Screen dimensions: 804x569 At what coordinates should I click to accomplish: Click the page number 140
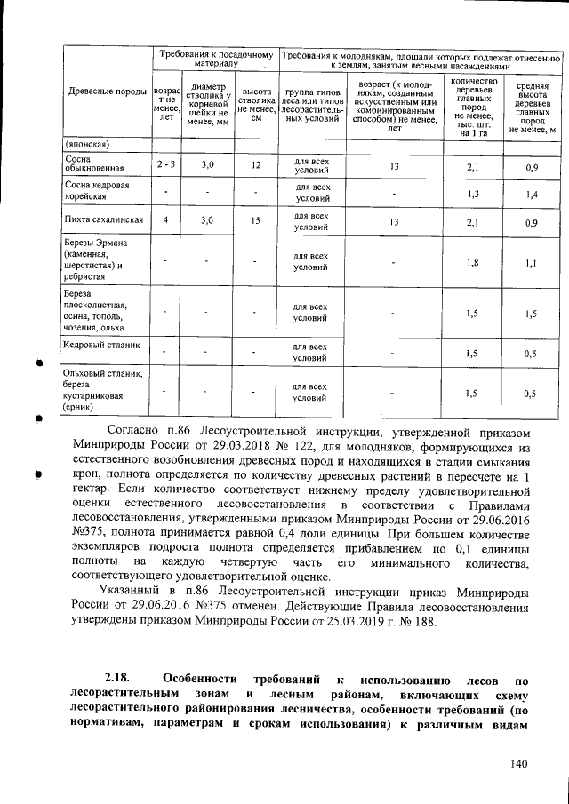tap(518, 763)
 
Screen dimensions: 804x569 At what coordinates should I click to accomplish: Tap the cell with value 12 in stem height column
tap(256, 165)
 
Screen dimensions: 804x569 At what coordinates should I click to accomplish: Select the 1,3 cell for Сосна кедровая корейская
tap(474, 194)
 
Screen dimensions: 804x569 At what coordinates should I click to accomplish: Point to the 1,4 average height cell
tap(531, 194)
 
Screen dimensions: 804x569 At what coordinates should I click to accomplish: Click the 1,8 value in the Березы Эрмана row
tap(474, 263)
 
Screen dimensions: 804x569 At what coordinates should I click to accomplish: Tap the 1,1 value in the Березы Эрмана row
tap(531, 263)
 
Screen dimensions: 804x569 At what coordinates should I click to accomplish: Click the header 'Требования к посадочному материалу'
tap(215, 59)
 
